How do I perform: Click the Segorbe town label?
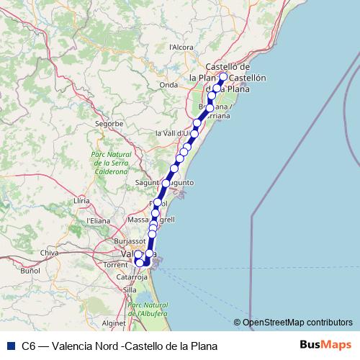[x=109, y=123]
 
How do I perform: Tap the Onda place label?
[x=168, y=84]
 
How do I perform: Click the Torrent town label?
[x=116, y=265]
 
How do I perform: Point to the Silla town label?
[x=130, y=289]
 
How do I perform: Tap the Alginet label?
[x=114, y=323]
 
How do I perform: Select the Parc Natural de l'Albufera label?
[x=147, y=310]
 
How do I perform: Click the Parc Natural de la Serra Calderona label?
[x=109, y=163]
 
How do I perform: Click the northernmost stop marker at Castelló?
[x=223, y=76]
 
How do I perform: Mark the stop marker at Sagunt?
[x=166, y=184]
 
